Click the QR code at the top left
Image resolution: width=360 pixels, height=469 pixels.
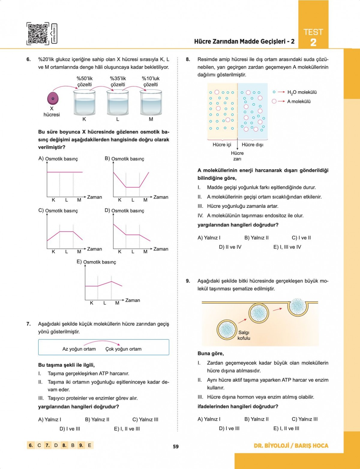[38, 34]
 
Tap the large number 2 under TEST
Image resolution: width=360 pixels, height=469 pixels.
[313, 43]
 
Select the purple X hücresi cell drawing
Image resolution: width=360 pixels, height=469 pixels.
[53, 98]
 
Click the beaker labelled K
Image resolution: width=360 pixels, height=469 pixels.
[84, 103]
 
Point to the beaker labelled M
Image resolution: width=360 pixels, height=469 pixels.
[151, 103]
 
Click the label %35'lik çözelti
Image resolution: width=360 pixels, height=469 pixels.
[118, 82]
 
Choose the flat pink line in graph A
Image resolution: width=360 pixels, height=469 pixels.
[64, 172]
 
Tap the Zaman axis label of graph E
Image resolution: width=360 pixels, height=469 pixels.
[133, 300]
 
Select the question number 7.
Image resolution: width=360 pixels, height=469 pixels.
[28, 324]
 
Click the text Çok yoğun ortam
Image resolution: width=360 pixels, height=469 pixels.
[123, 349]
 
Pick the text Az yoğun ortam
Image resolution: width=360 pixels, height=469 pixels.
[79, 349]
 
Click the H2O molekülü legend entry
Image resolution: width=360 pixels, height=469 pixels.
[301, 92]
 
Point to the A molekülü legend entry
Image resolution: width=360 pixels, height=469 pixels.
[298, 101]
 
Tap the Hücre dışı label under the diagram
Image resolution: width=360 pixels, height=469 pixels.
[252, 145]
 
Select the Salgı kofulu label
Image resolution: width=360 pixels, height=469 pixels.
[244, 335]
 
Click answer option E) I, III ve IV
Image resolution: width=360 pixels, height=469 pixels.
[287, 247]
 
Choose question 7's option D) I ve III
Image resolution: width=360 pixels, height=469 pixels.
[70, 429]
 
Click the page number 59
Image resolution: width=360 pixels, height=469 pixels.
[176, 447]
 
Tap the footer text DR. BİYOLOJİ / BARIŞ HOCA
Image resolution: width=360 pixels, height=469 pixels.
[291, 446]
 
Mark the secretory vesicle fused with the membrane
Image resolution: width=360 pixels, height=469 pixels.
[298, 306]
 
